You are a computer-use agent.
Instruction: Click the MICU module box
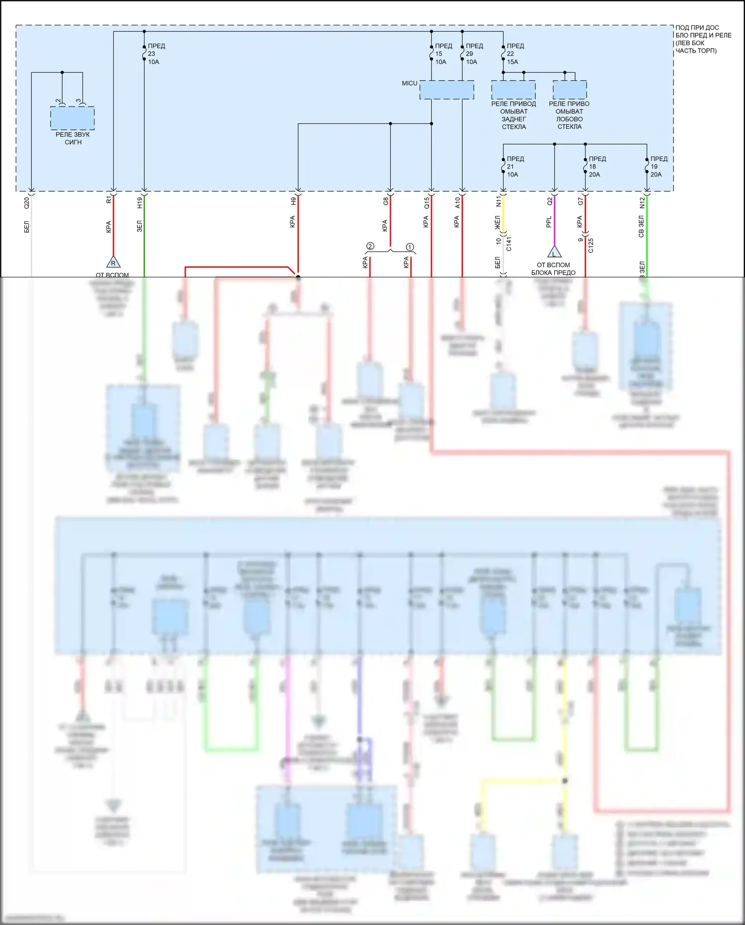coord(446,90)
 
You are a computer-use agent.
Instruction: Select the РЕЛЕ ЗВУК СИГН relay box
coord(72,118)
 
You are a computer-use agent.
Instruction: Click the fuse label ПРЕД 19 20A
coord(658,167)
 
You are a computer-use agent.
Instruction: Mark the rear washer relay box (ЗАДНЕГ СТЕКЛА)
coord(513,90)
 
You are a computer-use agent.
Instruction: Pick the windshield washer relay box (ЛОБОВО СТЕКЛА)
coord(570,90)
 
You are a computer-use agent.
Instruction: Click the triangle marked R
coord(113,262)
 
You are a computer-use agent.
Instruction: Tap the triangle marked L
coord(554,252)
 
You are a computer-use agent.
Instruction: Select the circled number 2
coord(370,247)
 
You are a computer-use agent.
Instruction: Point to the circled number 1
coord(410,247)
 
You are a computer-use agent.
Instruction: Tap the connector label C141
coord(509,244)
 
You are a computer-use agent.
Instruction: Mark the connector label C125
coord(591,245)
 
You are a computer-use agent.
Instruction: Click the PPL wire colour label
coord(549,222)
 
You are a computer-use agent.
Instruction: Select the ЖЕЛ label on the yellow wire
coord(497,222)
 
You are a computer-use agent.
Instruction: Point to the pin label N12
coord(642,202)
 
